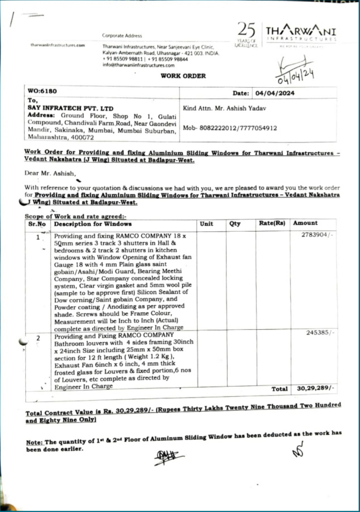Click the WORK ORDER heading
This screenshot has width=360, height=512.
[183, 76]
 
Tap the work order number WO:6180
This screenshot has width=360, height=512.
[42, 91]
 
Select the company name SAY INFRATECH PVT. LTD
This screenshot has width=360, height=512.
[71, 108]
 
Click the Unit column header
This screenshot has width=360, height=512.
[206, 224]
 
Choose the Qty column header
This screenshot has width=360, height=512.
[235, 224]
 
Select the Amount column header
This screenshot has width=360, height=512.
[305, 223]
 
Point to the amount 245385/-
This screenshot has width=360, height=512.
[320, 332]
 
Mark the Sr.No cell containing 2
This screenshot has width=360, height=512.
[38, 338]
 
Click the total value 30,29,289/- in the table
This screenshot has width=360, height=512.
[315, 388]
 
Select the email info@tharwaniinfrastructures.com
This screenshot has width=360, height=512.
[132, 65]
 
